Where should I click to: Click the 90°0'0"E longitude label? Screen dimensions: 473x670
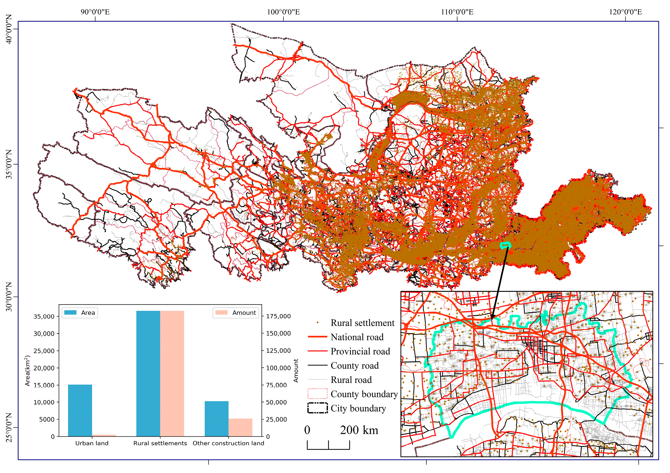(x=95, y=12)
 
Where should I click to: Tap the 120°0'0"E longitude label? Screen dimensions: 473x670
(x=625, y=12)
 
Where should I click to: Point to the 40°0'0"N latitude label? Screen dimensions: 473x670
(x=9, y=29)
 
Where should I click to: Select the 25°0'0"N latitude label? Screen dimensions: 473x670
(x=9, y=428)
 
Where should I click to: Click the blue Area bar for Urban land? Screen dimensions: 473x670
(x=80, y=411)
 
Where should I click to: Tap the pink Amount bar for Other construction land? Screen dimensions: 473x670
(x=240, y=428)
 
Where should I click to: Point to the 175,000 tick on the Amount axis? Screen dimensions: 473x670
(x=278, y=316)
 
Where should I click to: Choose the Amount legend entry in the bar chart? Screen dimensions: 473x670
(x=236, y=313)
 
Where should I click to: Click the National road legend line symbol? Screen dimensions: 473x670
(x=318, y=337)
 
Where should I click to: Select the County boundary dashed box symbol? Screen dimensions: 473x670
(x=318, y=394)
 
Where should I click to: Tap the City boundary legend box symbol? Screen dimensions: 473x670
(x=318, y=408)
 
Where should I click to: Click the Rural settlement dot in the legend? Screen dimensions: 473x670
(x=318, y=323)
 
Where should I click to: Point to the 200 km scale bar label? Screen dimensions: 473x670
(x=359, y=430)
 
